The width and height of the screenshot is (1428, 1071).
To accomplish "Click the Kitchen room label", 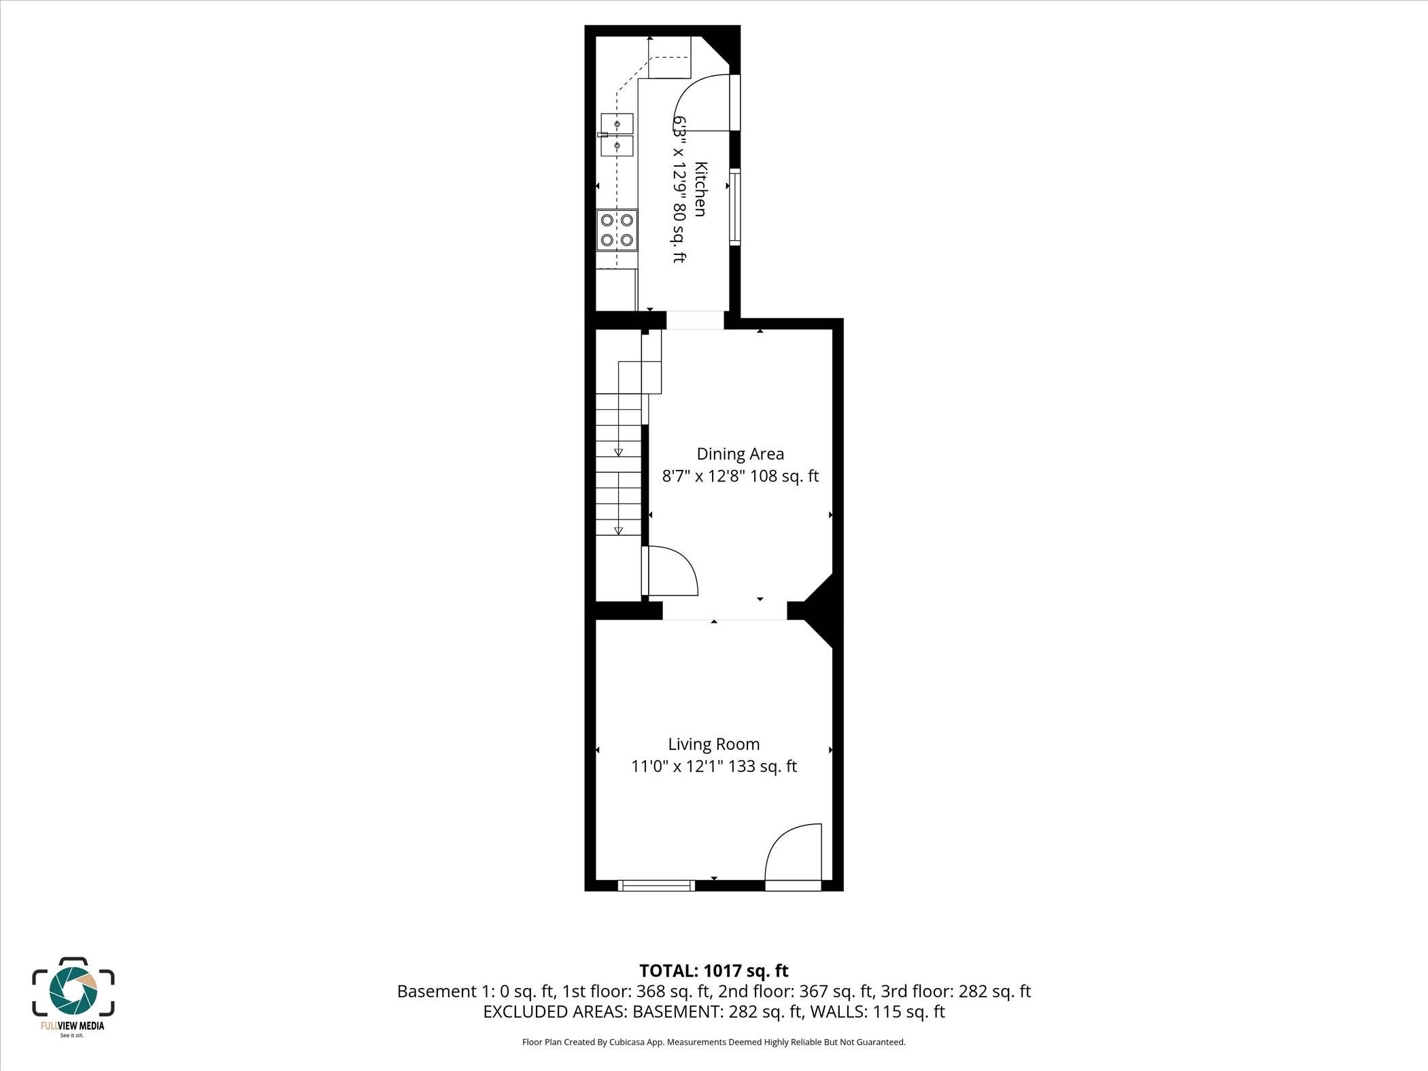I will [x=700, y=189].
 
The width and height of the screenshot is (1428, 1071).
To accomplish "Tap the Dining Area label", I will [x=740, y=454].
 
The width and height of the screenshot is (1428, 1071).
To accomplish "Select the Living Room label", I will [x=713, y=744].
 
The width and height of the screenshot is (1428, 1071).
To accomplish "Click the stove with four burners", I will [x=617, y=230].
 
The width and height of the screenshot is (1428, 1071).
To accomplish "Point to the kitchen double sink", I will [x=617, y=135].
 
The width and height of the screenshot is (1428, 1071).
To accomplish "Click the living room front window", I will [x=656, y=885].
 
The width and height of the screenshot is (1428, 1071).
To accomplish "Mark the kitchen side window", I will [x=734, y=206].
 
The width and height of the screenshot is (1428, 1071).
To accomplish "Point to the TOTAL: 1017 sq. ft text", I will [x=713, y=970].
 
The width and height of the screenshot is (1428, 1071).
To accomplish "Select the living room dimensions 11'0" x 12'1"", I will [x=714, y=766].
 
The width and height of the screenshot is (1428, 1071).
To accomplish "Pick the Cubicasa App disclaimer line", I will [x=713, y=1042].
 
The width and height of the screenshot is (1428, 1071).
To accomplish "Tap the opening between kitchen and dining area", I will [x=694, y=320].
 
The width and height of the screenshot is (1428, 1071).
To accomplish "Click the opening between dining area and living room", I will [x=724, y=610].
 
